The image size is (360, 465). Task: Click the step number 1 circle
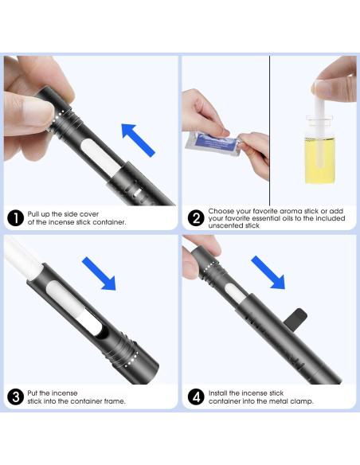pyautogui.click(x=15, y=218)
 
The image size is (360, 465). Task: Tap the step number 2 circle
pyautogui.click(x=196, y=218)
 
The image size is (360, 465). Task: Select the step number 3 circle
pyautogui.click(x=15, y=397)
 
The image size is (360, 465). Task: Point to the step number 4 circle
pyautogui.click(x=196, y=397)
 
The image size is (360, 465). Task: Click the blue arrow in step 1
pyautogui.click(x=138, y=140)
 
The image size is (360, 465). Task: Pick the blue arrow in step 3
pyautogui.click(x=99, y=273)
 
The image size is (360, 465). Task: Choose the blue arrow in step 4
pyautogui.click(x=268, y=272)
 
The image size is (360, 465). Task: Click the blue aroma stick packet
pyautogui.click(x=213, y=144)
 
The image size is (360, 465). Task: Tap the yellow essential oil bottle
pyautogui.click(x=319, y=150)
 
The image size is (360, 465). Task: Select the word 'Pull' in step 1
pyautogui.click(x=33, y=214)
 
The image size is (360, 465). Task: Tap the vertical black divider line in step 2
pyautogui.click(x=269, y=131)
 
